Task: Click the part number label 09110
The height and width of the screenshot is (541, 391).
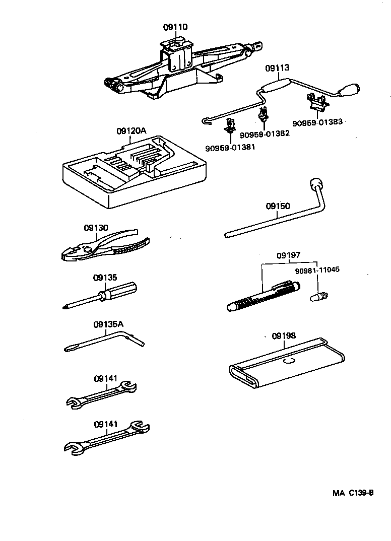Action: [x=175, y=27]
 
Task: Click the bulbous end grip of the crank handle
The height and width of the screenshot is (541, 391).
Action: [x=350, y=91]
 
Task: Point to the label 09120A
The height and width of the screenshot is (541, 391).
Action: [x=131, y=131]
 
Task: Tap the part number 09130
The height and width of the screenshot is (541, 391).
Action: [x=96, y=228]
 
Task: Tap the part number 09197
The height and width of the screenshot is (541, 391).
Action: [x=288, y=255]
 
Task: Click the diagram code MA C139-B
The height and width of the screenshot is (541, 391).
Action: [x=353, y=493]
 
